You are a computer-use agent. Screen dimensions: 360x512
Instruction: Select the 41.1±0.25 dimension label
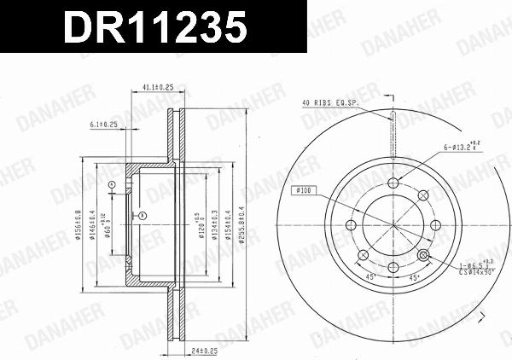158,87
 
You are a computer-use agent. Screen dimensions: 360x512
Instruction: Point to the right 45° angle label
413,277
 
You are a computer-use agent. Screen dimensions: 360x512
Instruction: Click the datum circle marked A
112,184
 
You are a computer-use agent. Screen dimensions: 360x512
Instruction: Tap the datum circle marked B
143,215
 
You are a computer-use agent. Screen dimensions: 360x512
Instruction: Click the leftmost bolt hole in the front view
349,226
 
